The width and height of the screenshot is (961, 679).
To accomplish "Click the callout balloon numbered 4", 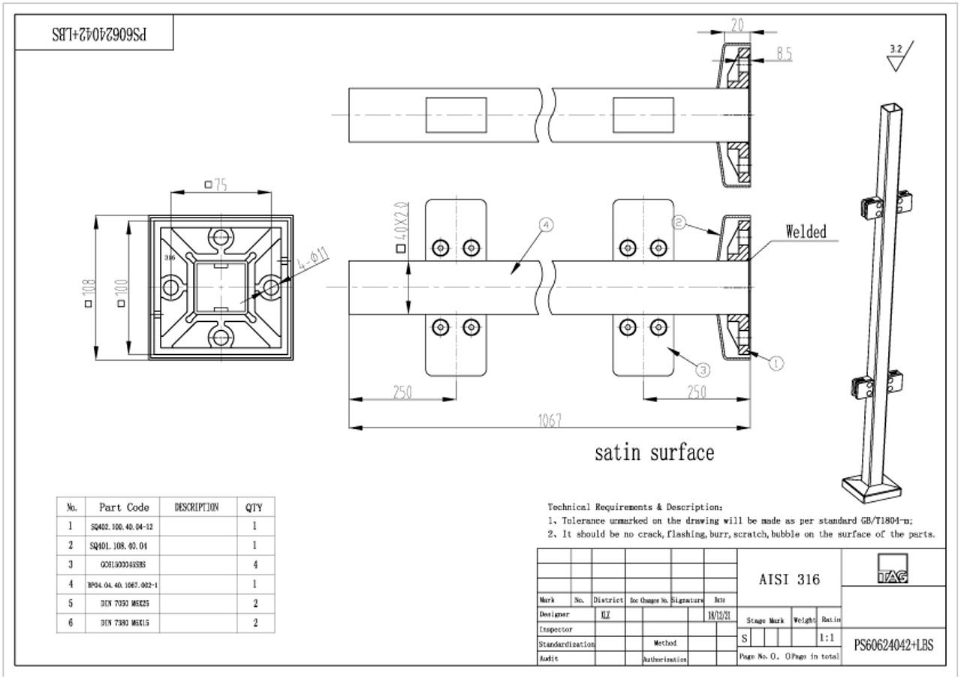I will (x=546, y=224).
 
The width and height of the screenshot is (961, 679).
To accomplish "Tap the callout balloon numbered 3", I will (x=702, y=368).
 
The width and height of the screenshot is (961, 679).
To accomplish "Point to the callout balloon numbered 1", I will (x=776, y=363).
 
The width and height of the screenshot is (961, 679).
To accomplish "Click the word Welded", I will (x=806, y=232).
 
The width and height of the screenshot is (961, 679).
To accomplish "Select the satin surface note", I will (x=654, y=452).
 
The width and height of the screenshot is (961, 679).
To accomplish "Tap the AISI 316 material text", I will (x=790, y=579).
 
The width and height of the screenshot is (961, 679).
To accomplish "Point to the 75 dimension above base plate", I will (x=218, y=185).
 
